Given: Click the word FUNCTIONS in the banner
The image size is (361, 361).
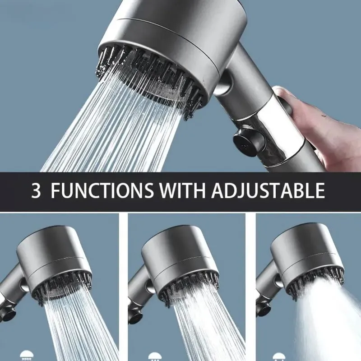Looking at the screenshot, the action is (102, 190).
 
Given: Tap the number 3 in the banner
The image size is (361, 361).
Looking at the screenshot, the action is (36, 190).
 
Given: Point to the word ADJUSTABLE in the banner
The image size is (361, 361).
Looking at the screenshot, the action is (268, 190).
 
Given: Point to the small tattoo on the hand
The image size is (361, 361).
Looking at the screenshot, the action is (324, 116).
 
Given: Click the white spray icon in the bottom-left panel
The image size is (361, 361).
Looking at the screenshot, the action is (26, 356).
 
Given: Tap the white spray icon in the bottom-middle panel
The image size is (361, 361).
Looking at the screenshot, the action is (155, 357).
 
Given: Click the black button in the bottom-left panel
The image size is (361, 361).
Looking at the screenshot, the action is (7, 315).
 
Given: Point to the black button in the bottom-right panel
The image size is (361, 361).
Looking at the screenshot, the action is (263, 309).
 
